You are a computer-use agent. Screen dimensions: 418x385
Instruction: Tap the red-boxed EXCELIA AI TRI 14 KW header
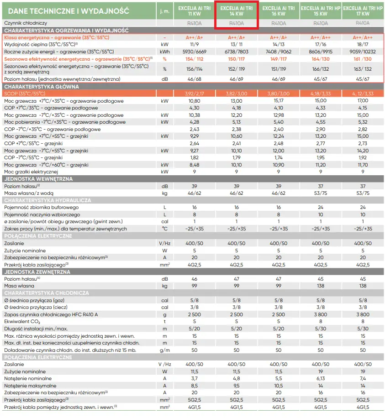(x=237, y=11)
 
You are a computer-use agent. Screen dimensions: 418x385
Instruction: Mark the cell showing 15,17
(x=278, y=100)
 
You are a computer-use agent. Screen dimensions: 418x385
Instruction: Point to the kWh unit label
(x=164, y=52)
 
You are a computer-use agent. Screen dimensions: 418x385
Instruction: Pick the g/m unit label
(x=164, y=350)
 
